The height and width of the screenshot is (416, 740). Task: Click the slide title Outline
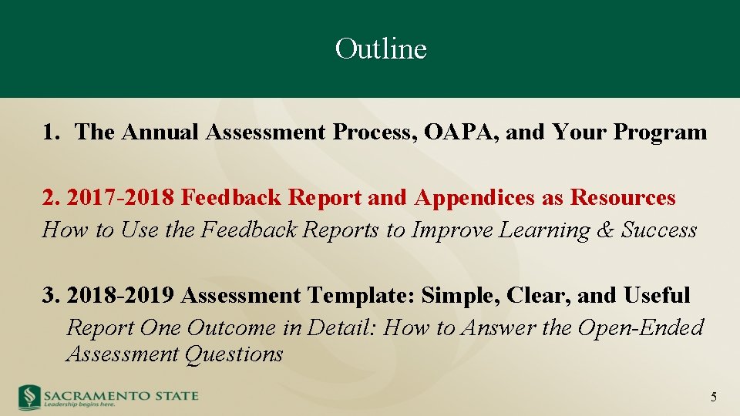tap(381, 49)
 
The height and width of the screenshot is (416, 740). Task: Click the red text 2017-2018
tap(121, 198)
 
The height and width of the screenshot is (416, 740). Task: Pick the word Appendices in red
tap(475, 198)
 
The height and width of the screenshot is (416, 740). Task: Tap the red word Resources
tap(623, 198)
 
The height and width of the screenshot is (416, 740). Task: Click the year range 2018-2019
tap(121, 296)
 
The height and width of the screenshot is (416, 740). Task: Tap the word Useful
tap(657, 296)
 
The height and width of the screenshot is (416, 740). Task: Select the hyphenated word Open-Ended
tap(641, 328)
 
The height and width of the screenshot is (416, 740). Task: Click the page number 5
tap(713, 398)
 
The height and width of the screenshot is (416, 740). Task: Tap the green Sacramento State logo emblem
tap(29, 396)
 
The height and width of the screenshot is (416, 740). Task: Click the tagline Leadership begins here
tap(79, 404)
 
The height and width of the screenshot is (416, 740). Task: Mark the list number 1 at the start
tap(49, 133)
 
